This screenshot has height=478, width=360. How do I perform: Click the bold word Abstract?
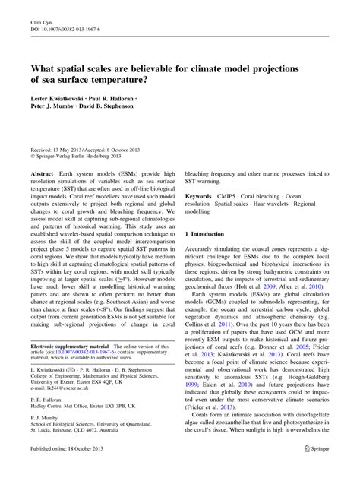tap(42, 174)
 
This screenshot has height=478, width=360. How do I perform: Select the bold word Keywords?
tap(200, 195)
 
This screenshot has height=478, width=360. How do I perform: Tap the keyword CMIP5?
tap(235, 195)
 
